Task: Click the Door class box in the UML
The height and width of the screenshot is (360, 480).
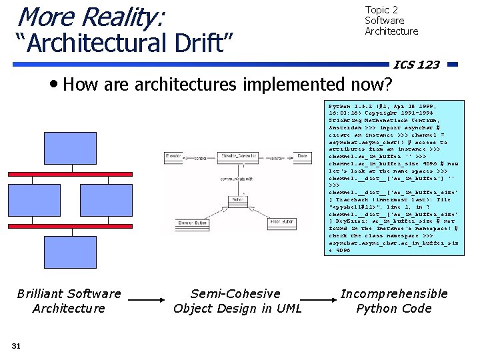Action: pyautogui.click(x=301, y=157)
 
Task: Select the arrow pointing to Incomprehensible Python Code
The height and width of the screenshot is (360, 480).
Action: pyautogui.click(x=317, y=301)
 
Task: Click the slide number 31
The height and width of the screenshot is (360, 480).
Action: pyautogui.click(x=17, y=345)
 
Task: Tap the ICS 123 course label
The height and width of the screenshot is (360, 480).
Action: pyautogui.click(x=416, y=65)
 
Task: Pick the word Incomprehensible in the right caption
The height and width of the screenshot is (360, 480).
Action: pyautogui.click(x=394, y=293)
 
